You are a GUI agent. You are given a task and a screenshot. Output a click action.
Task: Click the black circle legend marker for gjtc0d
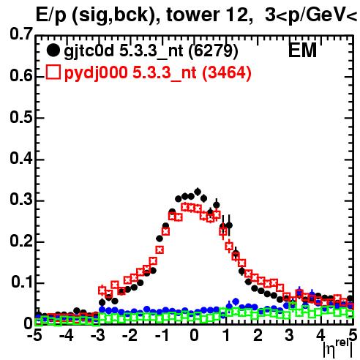click(x=53, y=50)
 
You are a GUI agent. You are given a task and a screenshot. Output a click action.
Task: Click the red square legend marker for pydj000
click(x=53, y=72)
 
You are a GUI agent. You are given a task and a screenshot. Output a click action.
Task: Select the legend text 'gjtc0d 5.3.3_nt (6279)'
click(x=151, y=51)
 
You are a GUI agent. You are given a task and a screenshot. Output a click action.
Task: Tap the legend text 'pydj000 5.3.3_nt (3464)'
click(x=158, y=72)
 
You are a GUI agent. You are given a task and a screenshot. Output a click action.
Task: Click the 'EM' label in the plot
click(x=302, y=50)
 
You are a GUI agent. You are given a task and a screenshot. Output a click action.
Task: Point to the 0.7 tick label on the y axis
click(x=21, y=34)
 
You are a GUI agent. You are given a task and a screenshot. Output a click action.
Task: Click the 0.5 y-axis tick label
click(x=21, y=117)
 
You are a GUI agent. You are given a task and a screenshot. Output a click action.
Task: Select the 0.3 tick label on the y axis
click(x=21, y=199)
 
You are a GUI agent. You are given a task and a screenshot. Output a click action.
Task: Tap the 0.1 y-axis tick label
click(x=21, y=282)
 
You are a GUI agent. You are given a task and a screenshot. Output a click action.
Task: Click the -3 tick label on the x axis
click(x=98, y=335)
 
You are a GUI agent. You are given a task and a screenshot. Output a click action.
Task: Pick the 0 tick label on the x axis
click(x=194, y=335)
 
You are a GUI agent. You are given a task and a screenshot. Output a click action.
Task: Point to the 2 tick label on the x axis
click(x=258, y=335)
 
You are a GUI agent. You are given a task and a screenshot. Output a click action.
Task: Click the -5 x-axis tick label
click(x=34, y=335)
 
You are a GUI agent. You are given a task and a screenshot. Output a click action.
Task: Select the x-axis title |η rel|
click(x=338, y=348)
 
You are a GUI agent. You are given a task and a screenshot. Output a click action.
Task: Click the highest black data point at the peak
click(x=198, y=192)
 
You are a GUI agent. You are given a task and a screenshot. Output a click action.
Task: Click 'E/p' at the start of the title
click(x=51, y=16)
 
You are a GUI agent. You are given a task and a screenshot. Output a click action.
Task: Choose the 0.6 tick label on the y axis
click(x=21, y=75)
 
